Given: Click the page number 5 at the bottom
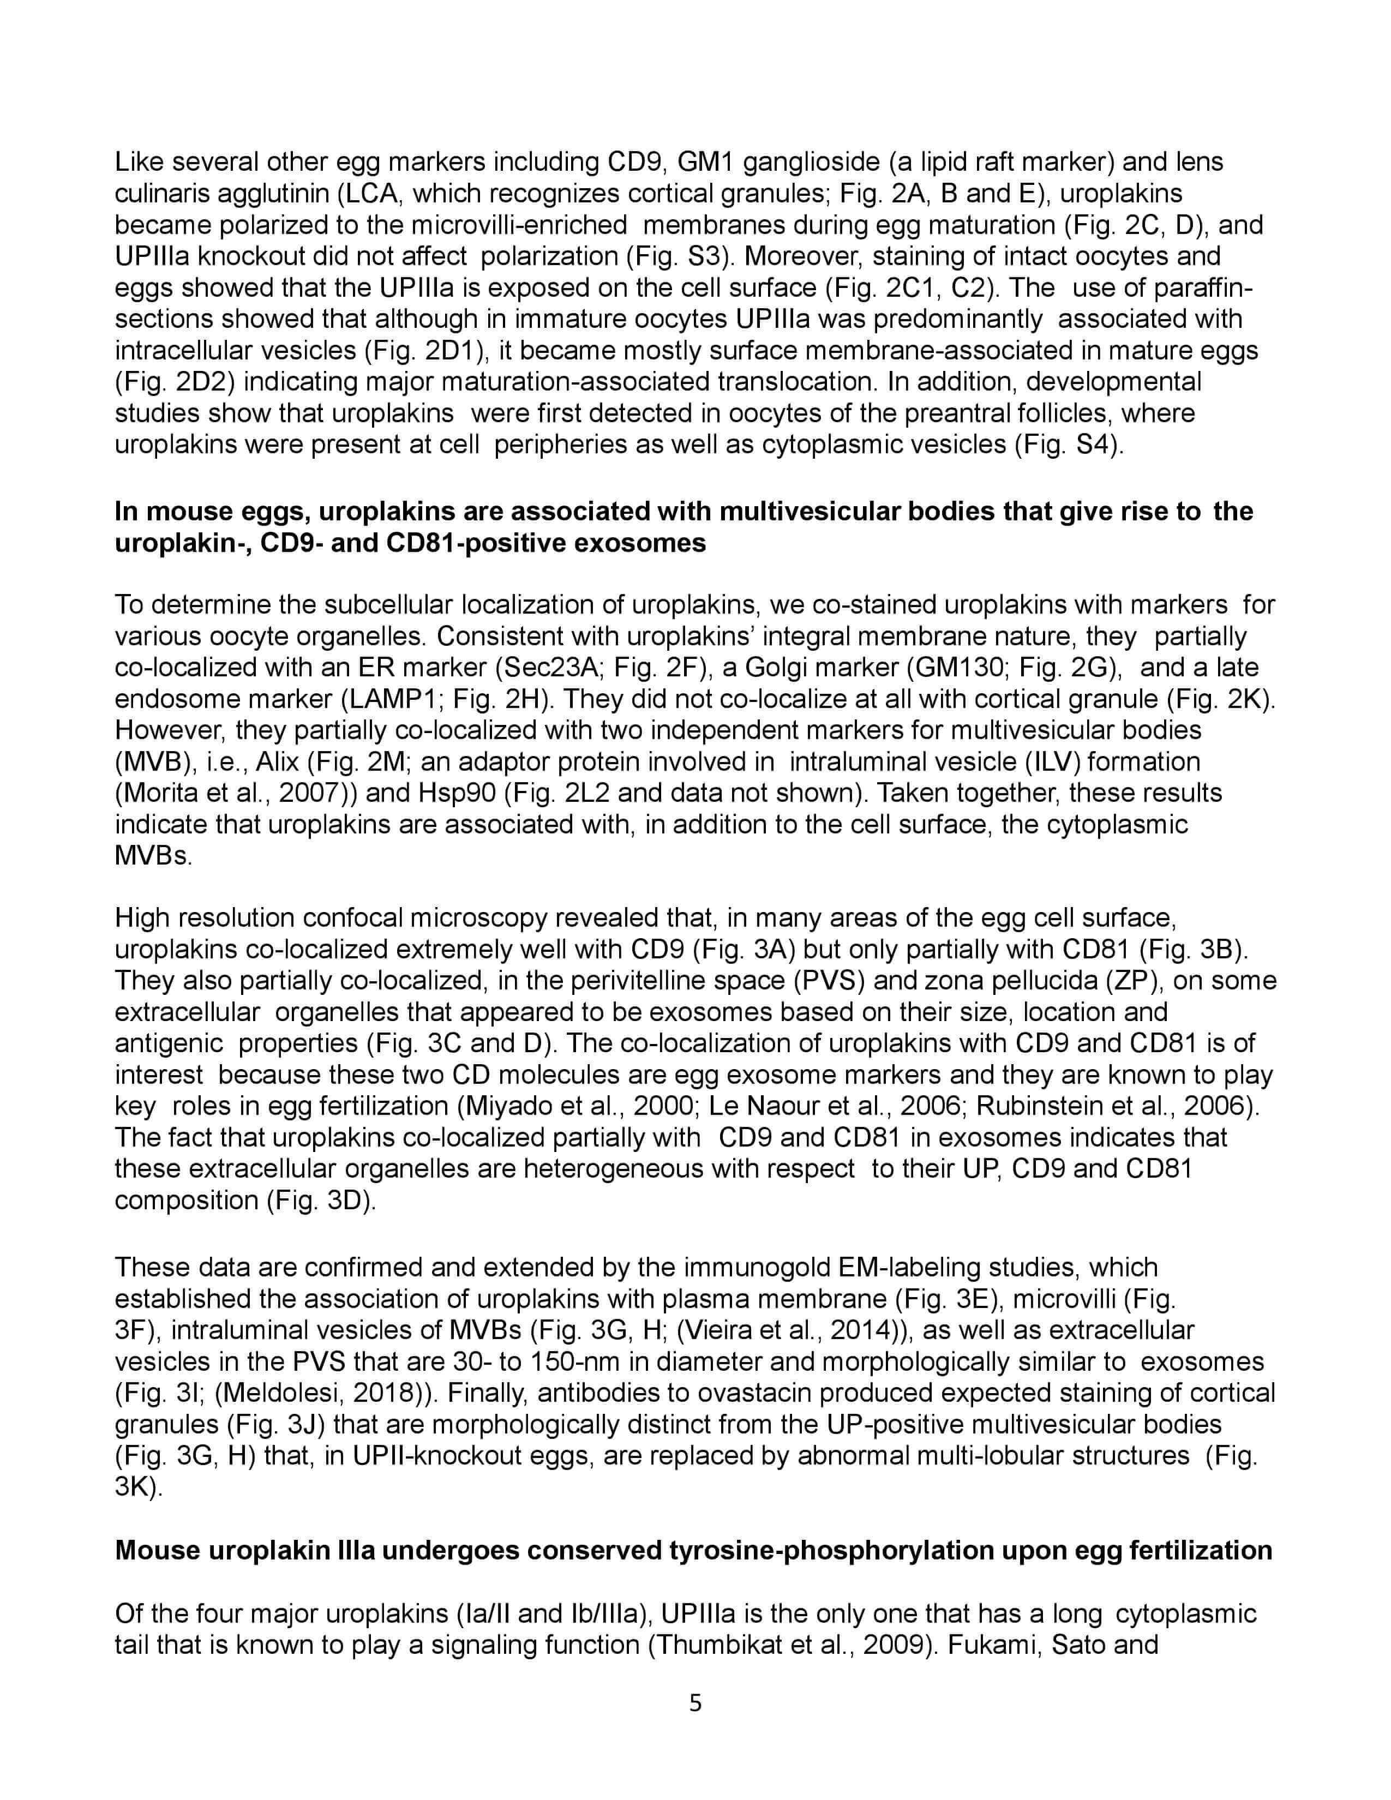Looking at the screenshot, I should click(x=694, y=1702).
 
